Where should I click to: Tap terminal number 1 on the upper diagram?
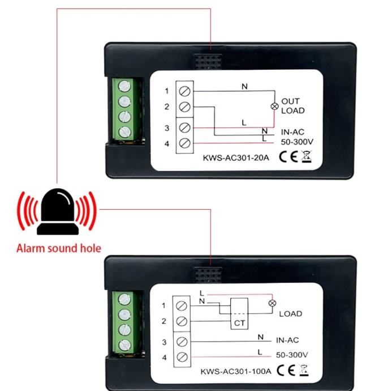[166, 90]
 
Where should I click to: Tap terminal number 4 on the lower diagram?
[164, 357]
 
